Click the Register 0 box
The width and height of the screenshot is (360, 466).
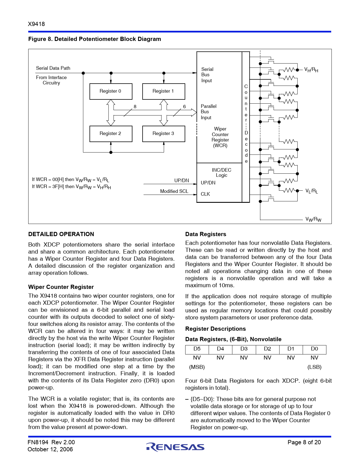111,91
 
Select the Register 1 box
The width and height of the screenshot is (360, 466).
163,91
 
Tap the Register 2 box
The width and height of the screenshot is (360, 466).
111,134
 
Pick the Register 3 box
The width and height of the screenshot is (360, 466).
163,134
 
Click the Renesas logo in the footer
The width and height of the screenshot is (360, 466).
175,447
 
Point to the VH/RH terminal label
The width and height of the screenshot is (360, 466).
311,70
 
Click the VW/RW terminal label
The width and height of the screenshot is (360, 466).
313,219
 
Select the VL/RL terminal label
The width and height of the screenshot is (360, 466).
311,191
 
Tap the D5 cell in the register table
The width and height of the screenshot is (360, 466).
197,349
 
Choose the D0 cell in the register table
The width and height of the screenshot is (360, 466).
314,349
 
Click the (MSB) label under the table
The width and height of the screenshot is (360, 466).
197,367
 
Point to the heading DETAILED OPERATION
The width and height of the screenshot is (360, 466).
61,234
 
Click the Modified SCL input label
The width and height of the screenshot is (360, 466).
174,191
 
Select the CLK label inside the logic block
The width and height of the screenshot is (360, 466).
205,194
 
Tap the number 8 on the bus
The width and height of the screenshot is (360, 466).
135,106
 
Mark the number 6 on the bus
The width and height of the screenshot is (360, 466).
184,106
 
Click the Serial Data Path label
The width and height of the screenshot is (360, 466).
53,68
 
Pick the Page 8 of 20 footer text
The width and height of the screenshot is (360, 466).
304,442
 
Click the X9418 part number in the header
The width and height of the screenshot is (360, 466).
36,24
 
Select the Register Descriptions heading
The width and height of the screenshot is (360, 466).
215,329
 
